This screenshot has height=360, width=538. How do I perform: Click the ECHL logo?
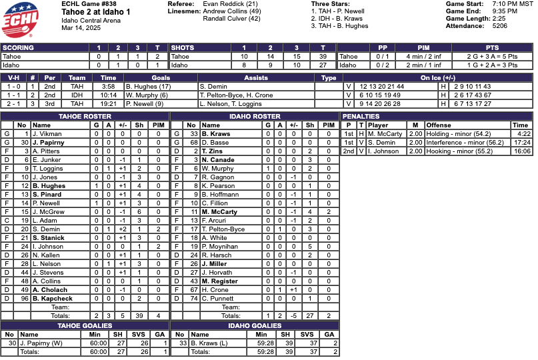21,19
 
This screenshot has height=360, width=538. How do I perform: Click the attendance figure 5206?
499,26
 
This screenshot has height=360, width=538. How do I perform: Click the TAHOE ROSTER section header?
85,117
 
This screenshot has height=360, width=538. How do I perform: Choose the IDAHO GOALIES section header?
254,326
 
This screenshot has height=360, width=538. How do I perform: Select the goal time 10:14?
109,95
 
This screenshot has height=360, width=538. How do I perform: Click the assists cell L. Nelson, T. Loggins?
230,104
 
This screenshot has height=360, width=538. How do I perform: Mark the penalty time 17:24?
521,143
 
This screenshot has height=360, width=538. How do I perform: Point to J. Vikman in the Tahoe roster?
46,134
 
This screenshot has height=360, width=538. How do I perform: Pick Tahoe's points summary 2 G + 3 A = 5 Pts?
492,57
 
